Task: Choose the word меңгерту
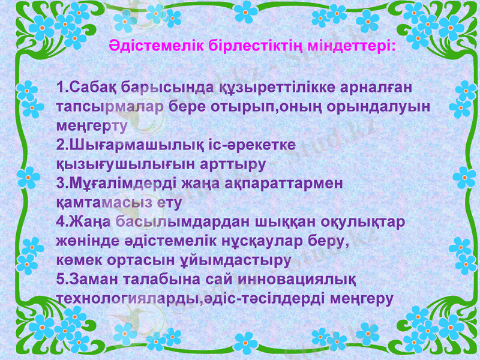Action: click(91, 126)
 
